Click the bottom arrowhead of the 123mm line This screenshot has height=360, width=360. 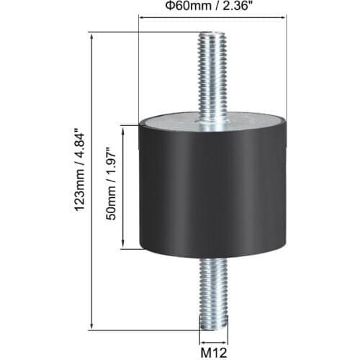[92, 325]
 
